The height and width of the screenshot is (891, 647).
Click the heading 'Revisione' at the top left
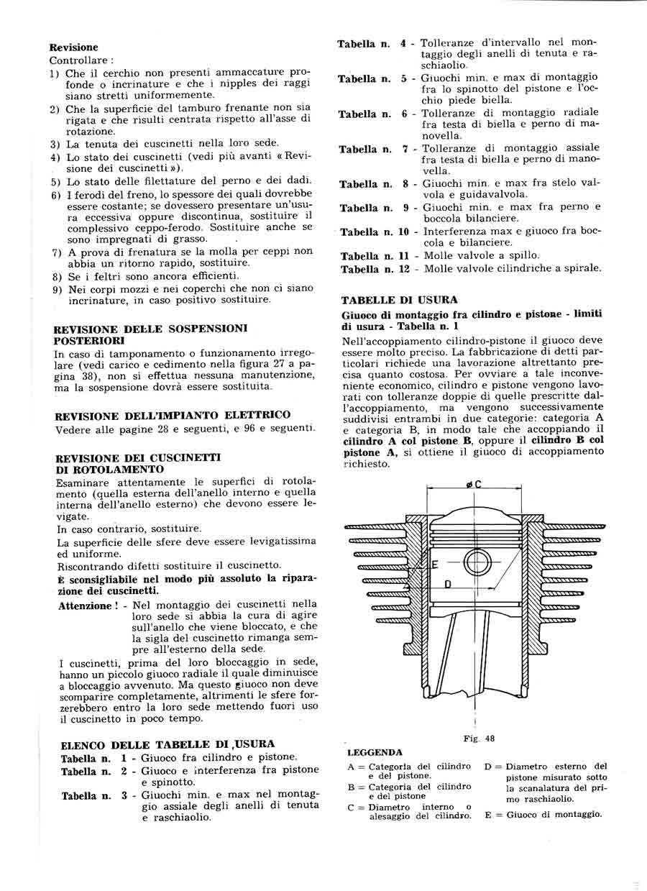click(74, 47)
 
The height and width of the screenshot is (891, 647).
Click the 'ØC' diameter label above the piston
click(474, 485)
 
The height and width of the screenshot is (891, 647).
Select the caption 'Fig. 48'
click(475, 738)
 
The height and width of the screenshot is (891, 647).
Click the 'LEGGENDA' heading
click(375, 752)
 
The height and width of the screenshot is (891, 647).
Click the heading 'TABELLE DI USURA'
click(399, 300)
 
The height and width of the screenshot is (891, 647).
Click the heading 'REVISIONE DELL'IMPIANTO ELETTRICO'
click(173, 415)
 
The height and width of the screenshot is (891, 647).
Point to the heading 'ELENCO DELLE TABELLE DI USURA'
click(168, 744)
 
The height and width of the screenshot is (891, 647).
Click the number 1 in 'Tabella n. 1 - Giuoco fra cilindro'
click(124, 757)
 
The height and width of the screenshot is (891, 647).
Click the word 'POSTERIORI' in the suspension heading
click(88, 340)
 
